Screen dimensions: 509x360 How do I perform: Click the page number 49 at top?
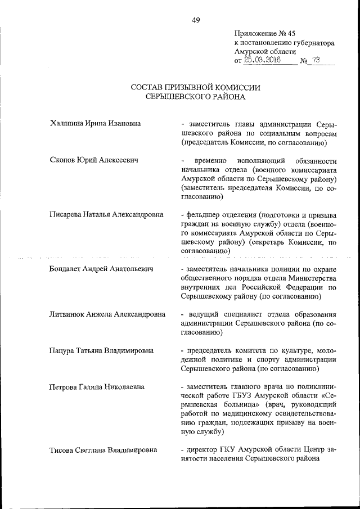pos(196,20)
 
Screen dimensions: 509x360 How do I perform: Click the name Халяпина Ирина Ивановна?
pos(95,123)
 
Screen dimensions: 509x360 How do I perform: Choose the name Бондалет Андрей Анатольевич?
pos(102,269)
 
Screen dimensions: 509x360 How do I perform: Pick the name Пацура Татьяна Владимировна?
pos(102,350)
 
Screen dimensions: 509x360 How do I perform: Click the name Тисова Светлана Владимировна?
pos(103,450)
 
